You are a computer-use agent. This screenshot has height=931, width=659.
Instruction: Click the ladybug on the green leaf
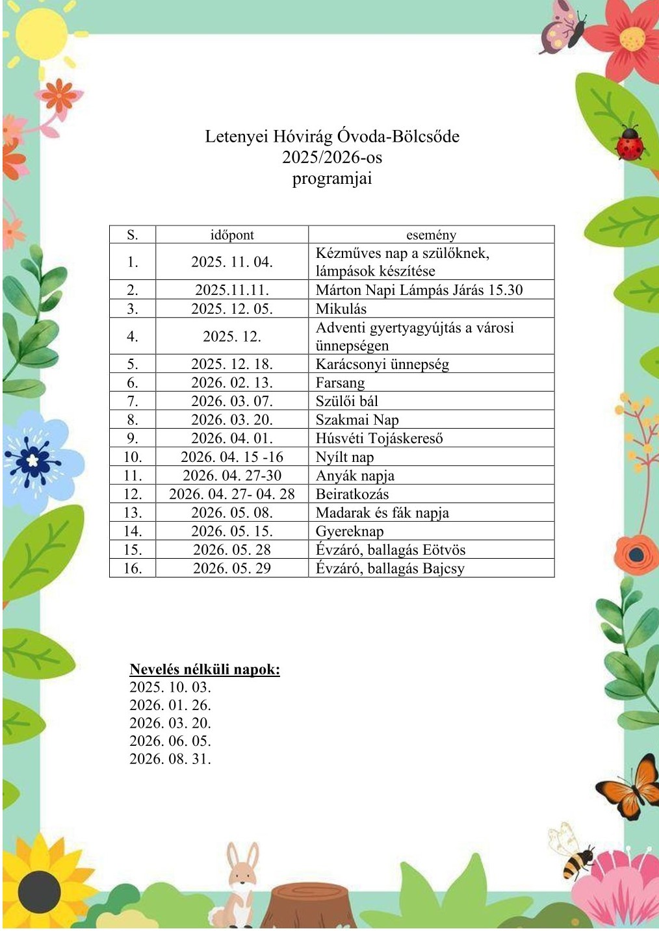click(x=629, y=144)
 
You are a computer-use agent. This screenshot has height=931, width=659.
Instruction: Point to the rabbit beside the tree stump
click(x=241, y=884)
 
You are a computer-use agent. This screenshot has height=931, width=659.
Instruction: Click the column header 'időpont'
click(x=232, y=235)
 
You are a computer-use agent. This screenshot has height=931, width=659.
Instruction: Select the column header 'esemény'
click(x=431, y=235)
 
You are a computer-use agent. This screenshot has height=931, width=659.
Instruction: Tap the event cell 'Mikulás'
click(x=341, y=309)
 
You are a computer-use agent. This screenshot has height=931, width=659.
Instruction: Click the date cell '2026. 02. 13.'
click(x=232, y=383)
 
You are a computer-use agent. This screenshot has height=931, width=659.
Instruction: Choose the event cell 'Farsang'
click(x=340, y=383)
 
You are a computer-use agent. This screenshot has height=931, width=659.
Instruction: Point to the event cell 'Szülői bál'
click(x=346, y=401)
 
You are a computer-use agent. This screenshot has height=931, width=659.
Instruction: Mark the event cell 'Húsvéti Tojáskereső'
click(x=379, y=438)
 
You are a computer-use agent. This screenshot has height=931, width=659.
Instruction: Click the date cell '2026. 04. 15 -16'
click(x=232, y=457)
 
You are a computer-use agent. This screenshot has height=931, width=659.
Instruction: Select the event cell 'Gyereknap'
click(x=350, y=531)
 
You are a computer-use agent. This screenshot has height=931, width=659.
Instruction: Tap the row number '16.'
click(x=133, y=568)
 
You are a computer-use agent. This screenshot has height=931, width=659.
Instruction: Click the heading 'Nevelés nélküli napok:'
click(x=205, y=669)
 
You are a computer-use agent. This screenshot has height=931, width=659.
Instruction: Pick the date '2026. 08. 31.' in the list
click(x=170, y=758)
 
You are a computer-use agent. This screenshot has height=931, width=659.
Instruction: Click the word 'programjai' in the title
click(x=332, y=179)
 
